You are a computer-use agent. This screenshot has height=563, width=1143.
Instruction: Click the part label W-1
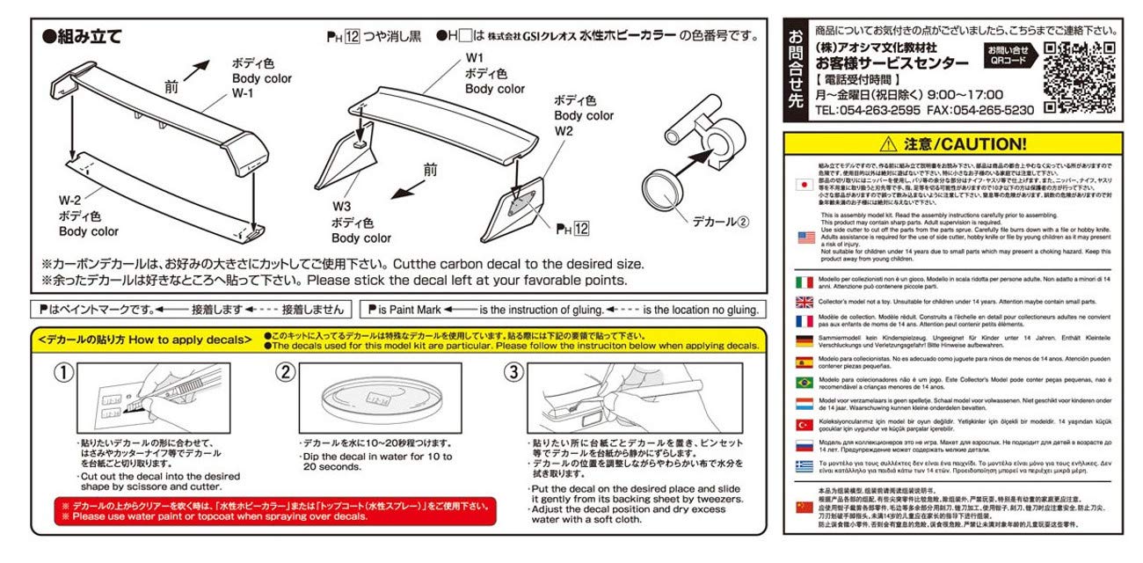tap(244, 93)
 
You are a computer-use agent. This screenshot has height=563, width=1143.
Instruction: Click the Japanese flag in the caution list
tap(804, 186)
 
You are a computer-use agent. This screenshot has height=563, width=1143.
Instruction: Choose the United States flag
tap(804, 238)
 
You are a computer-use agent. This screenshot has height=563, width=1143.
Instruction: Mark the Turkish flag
tap(804, 426)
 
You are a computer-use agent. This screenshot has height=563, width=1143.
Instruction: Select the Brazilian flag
tap(804, 383)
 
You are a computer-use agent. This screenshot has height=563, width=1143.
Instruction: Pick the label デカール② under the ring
tap(719, 222)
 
